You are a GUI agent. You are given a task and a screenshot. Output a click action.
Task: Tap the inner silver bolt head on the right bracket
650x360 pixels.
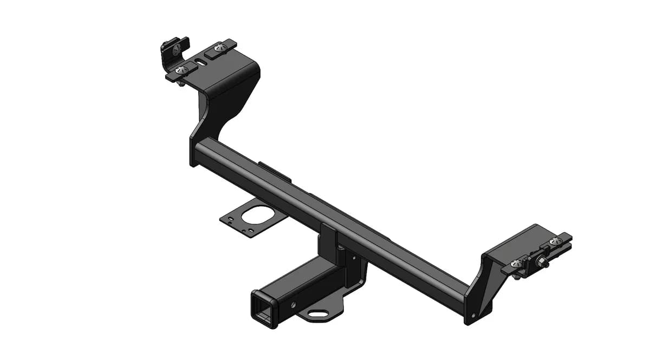click(x=518, y=263)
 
